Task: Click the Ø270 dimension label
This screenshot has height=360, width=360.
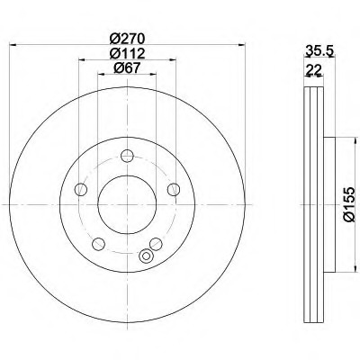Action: [127, 39]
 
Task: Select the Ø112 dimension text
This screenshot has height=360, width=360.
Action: [127, 54]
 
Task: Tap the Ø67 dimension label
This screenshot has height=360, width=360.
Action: [127, 68]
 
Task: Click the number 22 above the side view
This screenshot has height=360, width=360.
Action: [313, 70]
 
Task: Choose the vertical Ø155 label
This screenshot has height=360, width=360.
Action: [349, 204]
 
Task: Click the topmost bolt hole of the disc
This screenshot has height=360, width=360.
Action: [127, 156]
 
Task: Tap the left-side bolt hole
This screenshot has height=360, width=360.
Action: [80, 190]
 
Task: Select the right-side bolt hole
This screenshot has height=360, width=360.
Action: [174, 190]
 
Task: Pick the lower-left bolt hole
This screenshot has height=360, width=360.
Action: [98, 244]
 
